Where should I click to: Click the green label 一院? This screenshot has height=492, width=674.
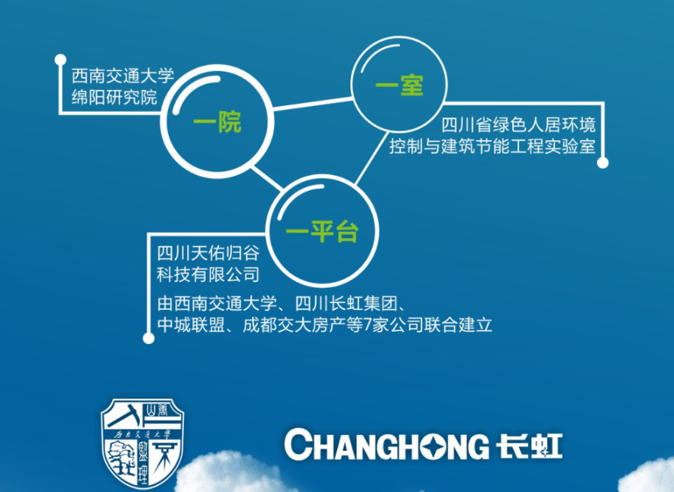[217, 122]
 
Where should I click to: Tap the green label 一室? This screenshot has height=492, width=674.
[399, 85]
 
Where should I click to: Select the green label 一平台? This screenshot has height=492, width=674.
[322, 232]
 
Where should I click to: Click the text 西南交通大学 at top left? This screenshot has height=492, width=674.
[123, 76]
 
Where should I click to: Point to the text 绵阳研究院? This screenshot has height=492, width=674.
[114, 97]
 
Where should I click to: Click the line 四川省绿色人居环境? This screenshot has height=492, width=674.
[518, 124]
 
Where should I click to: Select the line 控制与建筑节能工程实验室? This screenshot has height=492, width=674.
[492, 146]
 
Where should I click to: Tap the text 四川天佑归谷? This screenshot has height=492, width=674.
[208, 253]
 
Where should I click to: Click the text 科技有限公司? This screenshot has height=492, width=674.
[208, 275]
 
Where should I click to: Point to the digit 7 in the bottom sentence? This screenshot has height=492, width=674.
[367, 325]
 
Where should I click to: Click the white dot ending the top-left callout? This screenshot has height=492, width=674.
[60, 59]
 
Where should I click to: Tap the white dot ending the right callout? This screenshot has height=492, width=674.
[603, 162]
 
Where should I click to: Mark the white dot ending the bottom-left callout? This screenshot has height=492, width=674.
[148, 338]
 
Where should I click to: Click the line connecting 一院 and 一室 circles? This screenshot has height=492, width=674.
[313, 104]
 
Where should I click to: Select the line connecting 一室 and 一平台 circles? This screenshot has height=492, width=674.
[372, 158]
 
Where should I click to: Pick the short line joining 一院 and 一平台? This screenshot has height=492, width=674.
[266, 178]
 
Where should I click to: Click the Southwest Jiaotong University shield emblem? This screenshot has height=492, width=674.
[142, 443]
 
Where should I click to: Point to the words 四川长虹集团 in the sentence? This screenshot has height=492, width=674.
[346, 304]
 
